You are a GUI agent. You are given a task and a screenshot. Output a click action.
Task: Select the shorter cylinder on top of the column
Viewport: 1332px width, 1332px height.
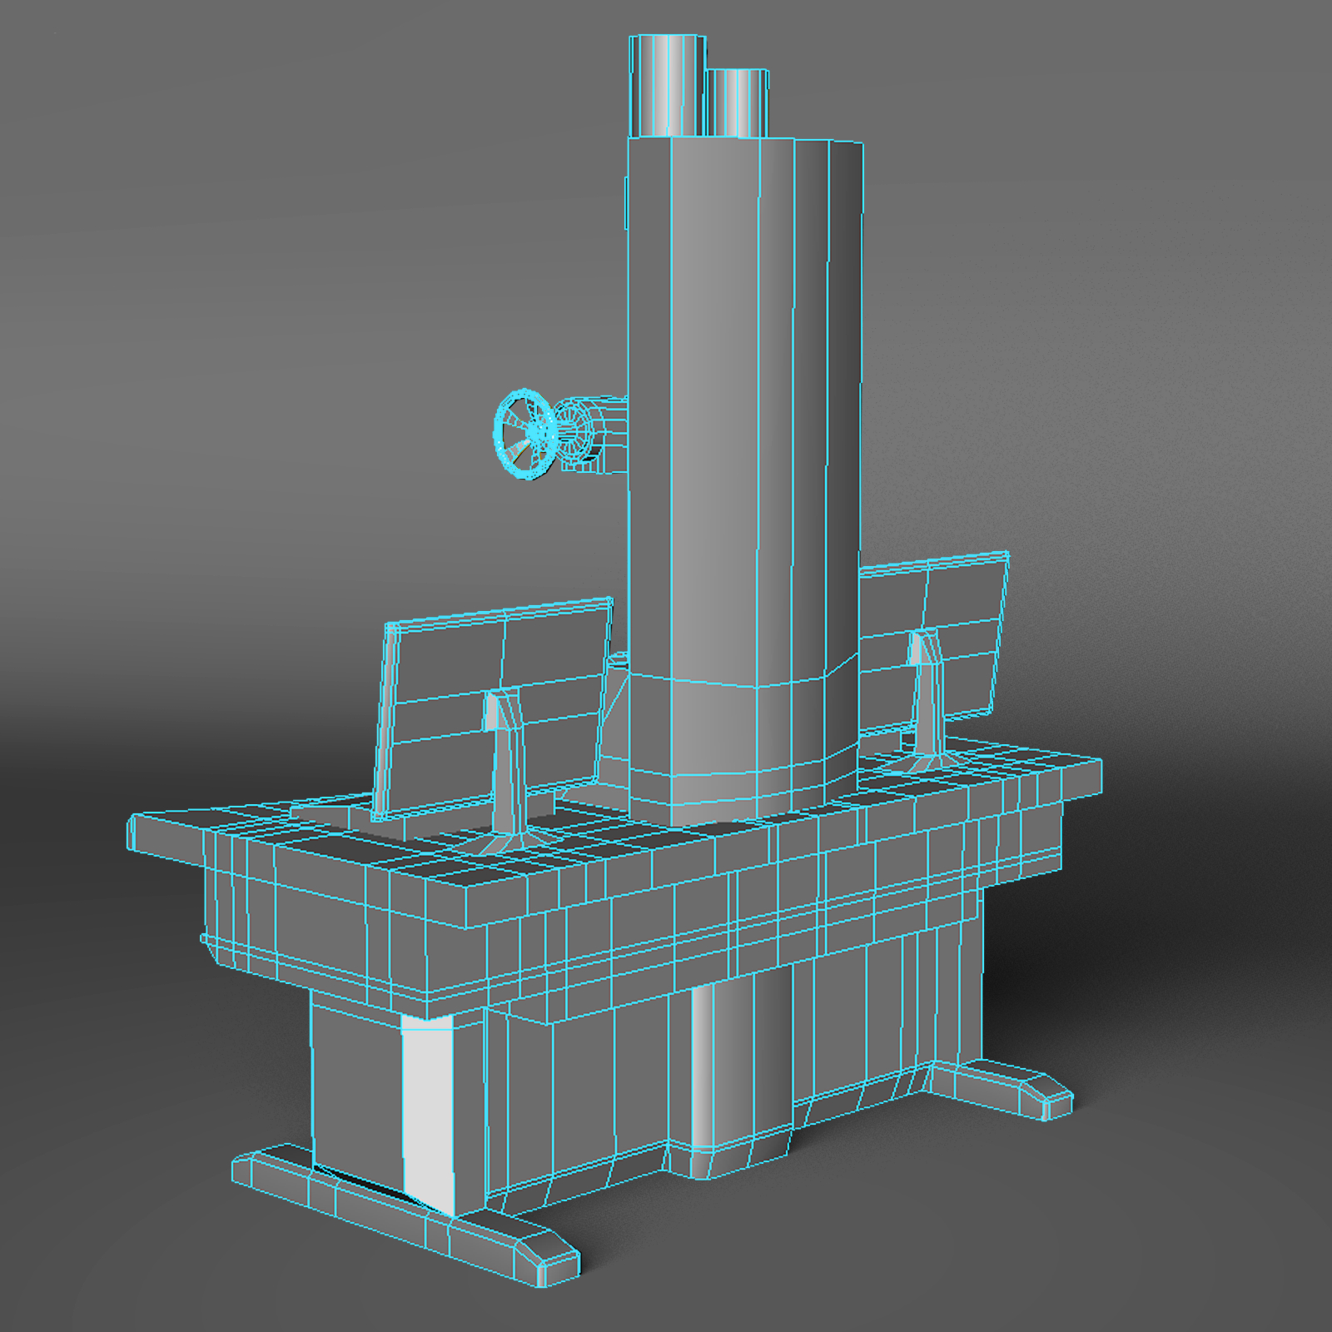738,103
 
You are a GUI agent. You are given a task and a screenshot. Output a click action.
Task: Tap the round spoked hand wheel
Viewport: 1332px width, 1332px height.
524,433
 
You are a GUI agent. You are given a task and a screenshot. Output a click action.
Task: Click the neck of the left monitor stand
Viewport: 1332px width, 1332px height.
504,758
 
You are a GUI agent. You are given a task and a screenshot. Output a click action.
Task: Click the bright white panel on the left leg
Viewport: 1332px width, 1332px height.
428,1107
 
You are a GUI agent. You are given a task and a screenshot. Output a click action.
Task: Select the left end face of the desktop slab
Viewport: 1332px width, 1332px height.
131,832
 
